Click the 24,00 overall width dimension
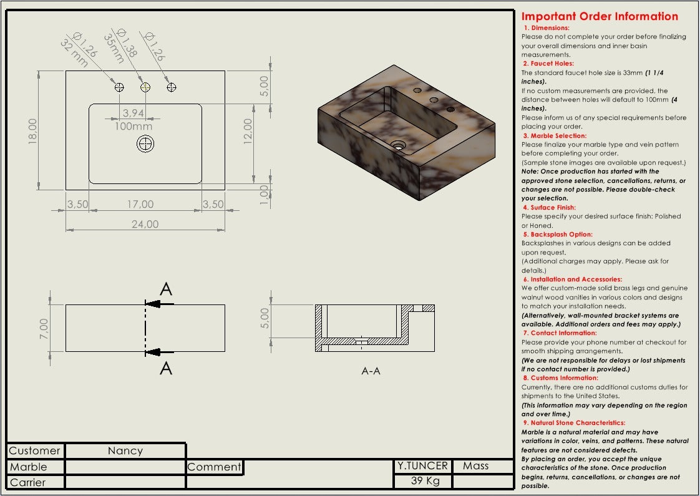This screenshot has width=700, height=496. coord(145,224)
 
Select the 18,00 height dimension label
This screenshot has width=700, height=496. coord(33,131)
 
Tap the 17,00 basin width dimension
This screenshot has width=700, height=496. coord(140,204)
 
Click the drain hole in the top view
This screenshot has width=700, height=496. coord(145,144)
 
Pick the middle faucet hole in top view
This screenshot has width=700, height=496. coord(145,87)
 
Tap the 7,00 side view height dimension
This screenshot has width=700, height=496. coord(43,328)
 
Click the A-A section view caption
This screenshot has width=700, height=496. coord(371,371)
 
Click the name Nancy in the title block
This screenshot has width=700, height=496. coord(125,450)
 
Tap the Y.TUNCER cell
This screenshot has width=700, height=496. coord(422,465)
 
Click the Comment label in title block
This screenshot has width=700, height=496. coord(214,467)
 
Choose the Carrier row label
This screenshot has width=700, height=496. coord(28,482)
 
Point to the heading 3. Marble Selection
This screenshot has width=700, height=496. coord(555,135)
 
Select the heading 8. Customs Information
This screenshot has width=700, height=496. coord(560,377)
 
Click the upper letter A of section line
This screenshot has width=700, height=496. coord(166,289)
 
